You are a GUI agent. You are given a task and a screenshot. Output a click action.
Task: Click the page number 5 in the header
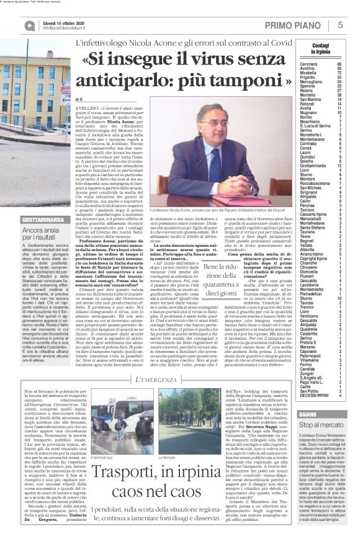[341, 24]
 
